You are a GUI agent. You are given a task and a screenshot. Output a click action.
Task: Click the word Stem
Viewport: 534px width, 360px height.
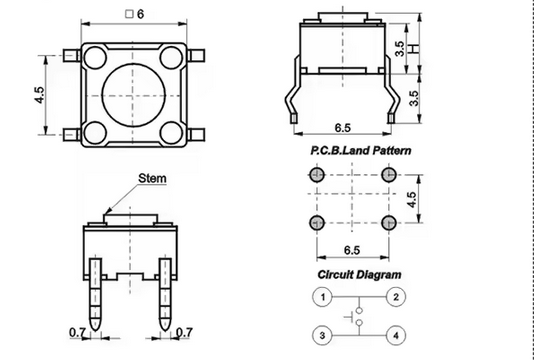pyautogui.click(x=152, y=177)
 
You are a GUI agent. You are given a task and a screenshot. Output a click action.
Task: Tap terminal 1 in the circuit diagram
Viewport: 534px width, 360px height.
pyautogui.click(x=322, y=297)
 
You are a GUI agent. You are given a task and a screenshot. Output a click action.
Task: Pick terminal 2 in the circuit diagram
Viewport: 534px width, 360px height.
pyautogui.click(x=396, y=297)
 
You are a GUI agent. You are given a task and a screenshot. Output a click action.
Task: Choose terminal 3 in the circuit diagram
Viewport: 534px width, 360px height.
pyautogui.click(x=322, y=334)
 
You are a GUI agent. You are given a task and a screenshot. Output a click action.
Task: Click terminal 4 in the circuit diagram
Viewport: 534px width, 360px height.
pyautogui.click(x=396, y=334)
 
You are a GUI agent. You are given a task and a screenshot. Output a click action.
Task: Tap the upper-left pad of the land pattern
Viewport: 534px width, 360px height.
pyautogui.click(x=318, y=175)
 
